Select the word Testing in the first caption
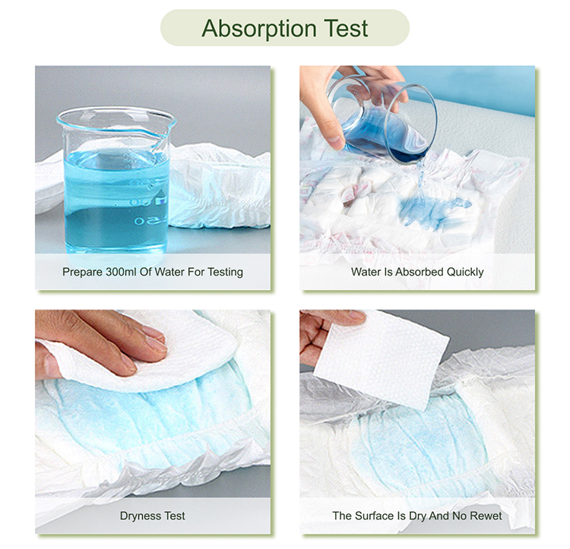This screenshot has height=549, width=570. (x=222, y=272)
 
